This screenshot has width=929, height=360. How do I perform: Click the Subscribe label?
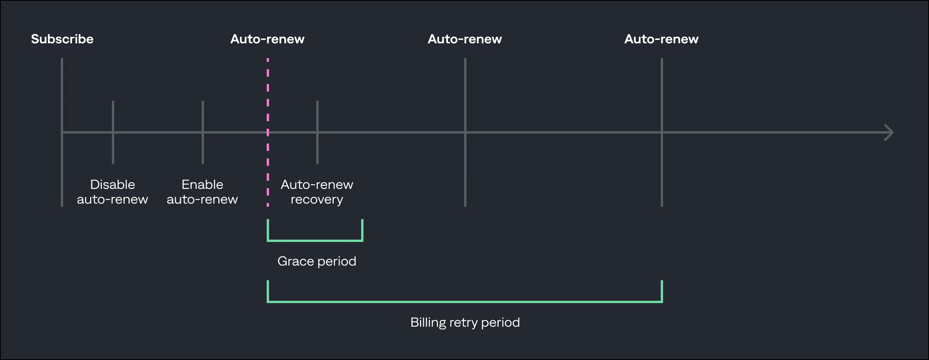(62, 39)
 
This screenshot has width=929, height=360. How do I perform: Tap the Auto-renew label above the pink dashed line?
(267, 39)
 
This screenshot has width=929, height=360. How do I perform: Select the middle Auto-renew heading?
(464, 39)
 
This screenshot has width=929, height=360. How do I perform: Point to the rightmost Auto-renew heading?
(661, 39)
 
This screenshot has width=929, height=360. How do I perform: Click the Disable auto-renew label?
(112, 192)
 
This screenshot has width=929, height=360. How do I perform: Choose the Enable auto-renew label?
(202, 192)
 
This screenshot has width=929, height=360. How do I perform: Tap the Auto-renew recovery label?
(317, 192)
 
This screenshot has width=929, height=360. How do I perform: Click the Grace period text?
(317, 261)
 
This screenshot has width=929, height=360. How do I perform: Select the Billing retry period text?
(465, 322)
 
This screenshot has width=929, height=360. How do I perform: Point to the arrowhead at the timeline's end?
(890, 132)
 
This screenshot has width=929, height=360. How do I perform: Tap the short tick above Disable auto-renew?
(113, 116)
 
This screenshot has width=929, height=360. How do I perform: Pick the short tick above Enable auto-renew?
(203, 116)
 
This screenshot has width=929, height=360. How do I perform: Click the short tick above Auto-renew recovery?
(317, 116)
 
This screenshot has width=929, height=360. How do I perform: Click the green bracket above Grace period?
(315, 240)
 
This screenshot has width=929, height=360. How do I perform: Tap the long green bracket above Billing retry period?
(464, 301)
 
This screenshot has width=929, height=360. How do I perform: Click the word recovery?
(317, 200)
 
